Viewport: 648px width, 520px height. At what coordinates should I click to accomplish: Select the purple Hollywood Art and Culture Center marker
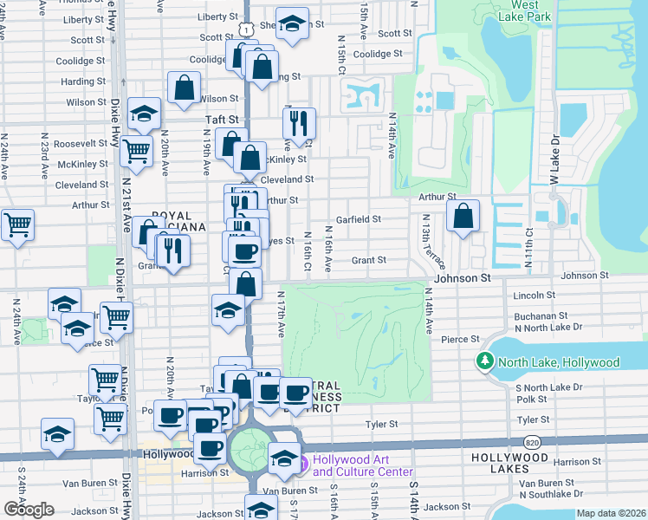click(302, 465)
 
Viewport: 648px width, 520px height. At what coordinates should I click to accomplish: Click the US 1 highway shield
click(248, 29)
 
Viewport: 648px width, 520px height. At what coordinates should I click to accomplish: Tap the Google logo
click(29, 510)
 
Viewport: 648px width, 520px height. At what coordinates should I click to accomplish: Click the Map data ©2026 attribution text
click(611, 513)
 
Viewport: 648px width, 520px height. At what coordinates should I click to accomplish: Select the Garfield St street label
click(359, 219)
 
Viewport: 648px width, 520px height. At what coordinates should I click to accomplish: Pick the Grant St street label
click(368, 260)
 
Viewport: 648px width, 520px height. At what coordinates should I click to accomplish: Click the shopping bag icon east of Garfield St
click(464, 217)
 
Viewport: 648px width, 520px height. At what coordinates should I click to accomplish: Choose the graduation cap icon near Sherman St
click(292, 23)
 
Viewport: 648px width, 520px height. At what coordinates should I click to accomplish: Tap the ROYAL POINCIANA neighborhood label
click(178, 221)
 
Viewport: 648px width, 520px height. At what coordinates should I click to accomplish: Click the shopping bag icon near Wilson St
click(184, 88)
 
